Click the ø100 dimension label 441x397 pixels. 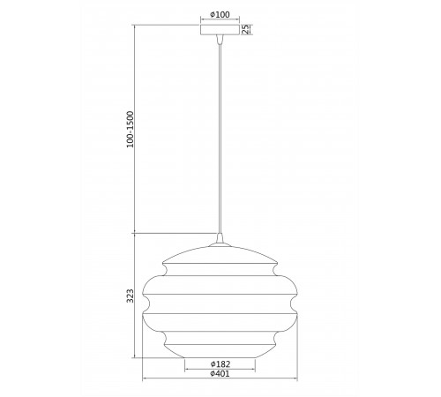[220, 14]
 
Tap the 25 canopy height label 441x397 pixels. [245, 29]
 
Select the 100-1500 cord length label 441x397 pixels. [130, 130]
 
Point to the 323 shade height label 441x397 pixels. [130, 296]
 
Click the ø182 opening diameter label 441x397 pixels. [220, 364]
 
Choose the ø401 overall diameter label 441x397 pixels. [220, 374]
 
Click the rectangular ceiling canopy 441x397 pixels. [220, 30]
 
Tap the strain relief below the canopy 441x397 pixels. [220, 39]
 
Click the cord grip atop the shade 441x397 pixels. [220, 238]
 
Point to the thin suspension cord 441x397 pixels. [220, 139]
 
